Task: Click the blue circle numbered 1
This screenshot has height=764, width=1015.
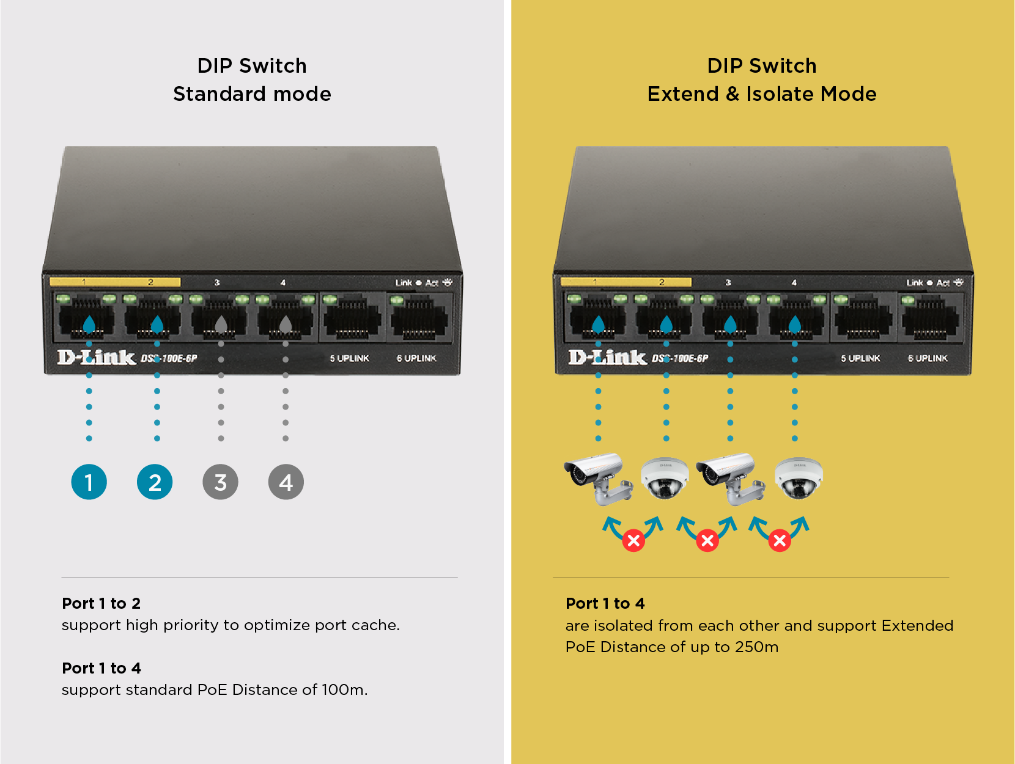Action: pos(89,482)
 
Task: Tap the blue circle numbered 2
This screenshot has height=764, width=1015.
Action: pos(155,482)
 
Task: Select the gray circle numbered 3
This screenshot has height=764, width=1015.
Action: pos(221,482)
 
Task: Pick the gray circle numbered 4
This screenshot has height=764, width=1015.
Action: pos(286,482)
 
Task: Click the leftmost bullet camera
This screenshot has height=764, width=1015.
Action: pos(598,478)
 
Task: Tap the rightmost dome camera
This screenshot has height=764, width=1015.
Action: pos(799,478)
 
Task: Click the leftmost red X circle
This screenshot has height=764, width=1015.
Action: pos(634,540)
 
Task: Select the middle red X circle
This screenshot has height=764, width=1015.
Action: pos(707,540)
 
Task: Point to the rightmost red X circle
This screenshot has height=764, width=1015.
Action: pos(780,540)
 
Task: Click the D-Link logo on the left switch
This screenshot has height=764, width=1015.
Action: pos(96,357)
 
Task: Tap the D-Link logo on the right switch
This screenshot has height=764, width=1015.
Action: pos(607,357)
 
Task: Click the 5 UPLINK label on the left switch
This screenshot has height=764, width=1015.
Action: pos(349,358)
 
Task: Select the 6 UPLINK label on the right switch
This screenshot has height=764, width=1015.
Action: pos(928,358)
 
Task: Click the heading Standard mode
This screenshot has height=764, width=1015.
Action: pos(252,94)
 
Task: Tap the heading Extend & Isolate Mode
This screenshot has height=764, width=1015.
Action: pos(762,94)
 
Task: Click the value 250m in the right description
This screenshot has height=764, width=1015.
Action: pos(756,647)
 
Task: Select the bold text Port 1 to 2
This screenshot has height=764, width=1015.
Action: pos(102,603)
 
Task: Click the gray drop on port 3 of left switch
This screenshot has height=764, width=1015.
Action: pos(221,324)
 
